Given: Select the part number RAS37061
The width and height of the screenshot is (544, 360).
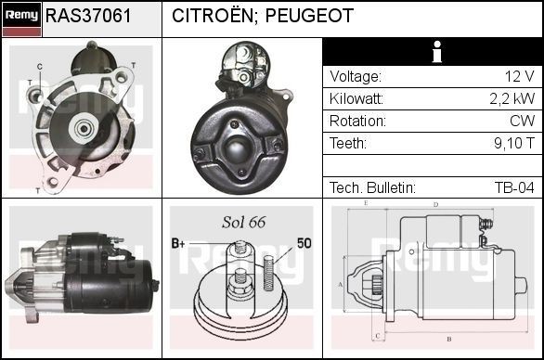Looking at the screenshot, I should (x=88, y=17).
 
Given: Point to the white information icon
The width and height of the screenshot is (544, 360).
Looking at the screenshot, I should (x=433, y=52).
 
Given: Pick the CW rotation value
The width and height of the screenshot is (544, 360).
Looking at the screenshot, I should (x=522, y=122).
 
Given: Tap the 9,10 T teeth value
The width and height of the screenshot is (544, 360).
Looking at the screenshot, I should (x=513, y=144).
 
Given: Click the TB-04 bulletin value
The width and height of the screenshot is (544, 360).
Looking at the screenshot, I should (x=514, y=187).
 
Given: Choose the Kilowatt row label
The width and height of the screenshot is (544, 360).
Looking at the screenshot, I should (x=356, y=99).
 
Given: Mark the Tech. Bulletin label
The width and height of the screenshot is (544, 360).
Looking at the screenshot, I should (x=372, y=187).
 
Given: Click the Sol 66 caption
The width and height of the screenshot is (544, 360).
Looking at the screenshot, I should (x=244, y=223).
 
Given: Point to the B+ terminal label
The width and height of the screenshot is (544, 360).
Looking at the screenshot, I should (x=179, y=243).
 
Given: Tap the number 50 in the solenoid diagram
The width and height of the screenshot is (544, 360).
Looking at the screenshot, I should (x=304, y=243).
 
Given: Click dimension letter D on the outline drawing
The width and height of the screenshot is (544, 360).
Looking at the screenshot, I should (x=435, y=204).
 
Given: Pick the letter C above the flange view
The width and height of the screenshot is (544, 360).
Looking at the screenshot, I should (x=41, y=65).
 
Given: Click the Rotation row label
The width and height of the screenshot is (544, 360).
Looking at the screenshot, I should (x=356, y=122).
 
